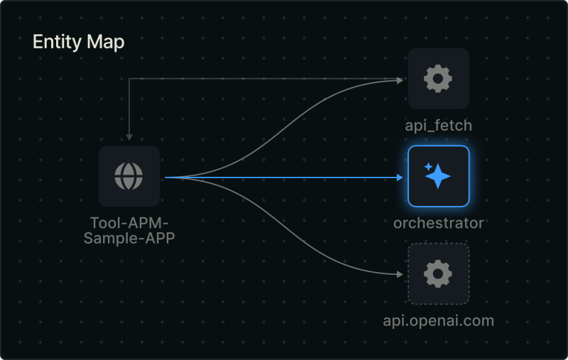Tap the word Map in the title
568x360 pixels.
click(x=105, y=42)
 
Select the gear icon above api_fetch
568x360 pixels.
click(x=438, y=78)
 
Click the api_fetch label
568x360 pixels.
click(x=438, y=126)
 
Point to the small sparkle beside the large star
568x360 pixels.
click(x=428, y=166)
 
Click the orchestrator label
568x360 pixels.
click(x=438, y=223)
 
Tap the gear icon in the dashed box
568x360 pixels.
click(x=438, y=273)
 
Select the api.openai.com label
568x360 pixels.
click(x=438, y=320)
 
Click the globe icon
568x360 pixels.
click(x=129, y=176)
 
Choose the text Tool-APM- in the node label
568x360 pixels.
click(x=129, y=224)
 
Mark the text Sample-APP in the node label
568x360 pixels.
click(x=129, y=238)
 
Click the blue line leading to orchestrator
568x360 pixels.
click(x=284, y=178)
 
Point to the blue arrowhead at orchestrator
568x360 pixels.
click(x=400, y=178)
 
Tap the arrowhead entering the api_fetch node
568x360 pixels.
click(x=400, y=80)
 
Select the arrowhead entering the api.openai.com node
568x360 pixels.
click(x=400, y=274)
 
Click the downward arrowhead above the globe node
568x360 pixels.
click(x=129, y=136)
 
